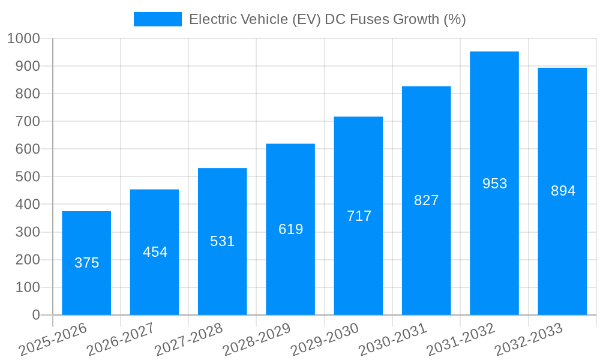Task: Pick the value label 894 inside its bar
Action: pos(563,191)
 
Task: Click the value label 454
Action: pos(155,252)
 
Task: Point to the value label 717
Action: pos(359,216)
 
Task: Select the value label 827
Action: pos(427,200)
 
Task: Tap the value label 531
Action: pos(223,241)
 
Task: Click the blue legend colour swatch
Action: pos(157,19)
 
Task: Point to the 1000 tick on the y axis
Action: pos(23,39)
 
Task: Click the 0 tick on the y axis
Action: pos(35,315)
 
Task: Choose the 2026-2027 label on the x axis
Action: pos(121,339)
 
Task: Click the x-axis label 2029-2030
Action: pos(325,339)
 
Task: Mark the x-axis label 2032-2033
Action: pos(529,339)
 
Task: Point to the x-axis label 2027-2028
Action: pos(188,339)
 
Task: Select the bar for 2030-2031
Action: pos(427,240)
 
